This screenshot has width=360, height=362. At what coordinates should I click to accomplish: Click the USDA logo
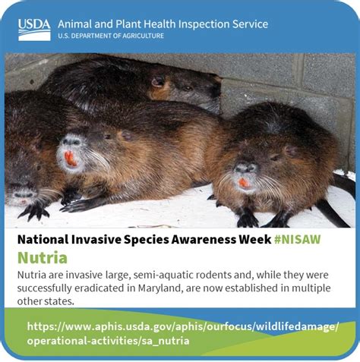pyautogui.click(x=34, y=30)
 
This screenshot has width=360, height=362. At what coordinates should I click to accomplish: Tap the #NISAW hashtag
pyautogui.click(x=298, y=239)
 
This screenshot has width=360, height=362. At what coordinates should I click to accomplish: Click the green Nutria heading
pyautogui.click(x=43, y=258)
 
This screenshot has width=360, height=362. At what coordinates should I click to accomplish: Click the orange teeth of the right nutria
pyautogui.click(x=244, y=183)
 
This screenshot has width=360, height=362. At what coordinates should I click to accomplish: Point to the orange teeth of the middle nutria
pyautogui.click(x=70, y=159)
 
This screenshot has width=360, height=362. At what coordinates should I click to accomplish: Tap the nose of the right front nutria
pyautogui.click(x=245, y=168)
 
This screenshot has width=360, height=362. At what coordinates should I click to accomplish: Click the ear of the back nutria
pyautogui.click(x=159, y=81)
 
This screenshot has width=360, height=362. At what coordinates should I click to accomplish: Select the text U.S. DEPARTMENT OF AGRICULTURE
pyautogui.click(x=111, y=36)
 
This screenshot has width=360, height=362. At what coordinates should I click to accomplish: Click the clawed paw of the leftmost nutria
pyautogui.click(x=35, y=212)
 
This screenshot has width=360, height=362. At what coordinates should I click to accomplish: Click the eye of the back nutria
pyautogui.click(x=188, y=88)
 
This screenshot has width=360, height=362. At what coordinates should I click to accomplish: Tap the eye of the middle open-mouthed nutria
pyautogui.click(x=108, y=137)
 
